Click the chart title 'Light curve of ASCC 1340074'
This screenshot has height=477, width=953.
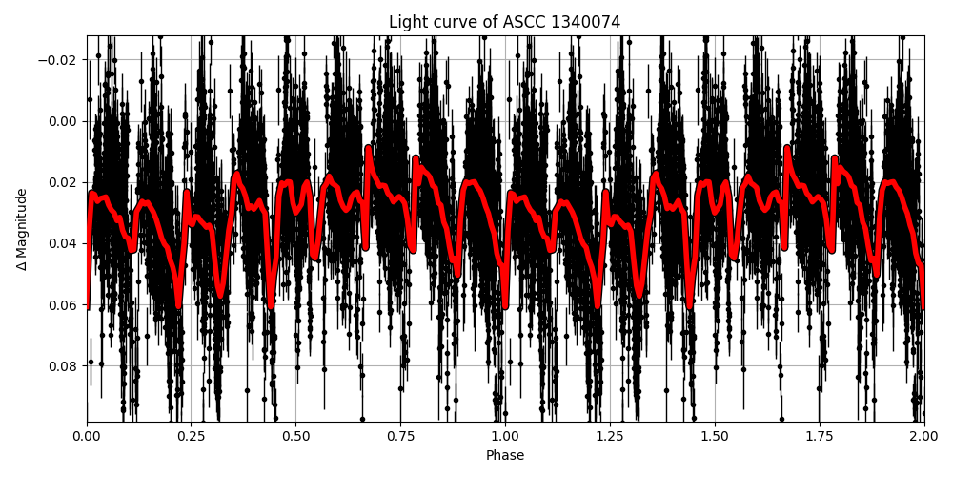tap(505, 22)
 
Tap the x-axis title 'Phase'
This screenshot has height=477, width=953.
tap(505, 456)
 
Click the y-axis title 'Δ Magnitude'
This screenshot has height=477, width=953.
tap(22, 229)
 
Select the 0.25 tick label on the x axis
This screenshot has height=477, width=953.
tap(192, 438)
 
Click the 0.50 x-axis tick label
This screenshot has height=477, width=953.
tap(295, 438)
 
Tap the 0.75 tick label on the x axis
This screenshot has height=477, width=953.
tap(400, 438)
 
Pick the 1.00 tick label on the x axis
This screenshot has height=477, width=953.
tap(505, 438)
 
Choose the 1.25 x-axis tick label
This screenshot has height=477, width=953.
tap(610, 438)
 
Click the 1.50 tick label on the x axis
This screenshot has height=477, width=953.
tap(715, 438)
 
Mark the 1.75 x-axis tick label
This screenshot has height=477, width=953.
tap(820, 438)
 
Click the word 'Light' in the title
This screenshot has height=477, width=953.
tap(407, 22)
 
